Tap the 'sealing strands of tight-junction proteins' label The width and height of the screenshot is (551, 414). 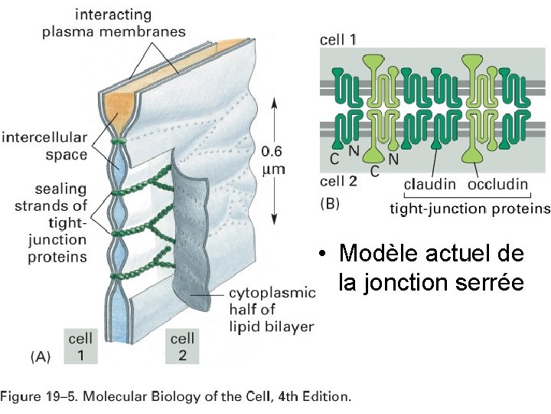[x=51, y=222]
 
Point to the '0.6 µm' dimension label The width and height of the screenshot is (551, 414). [x=273, y=159]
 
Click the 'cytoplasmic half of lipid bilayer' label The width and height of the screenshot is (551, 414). [x=272, y=309]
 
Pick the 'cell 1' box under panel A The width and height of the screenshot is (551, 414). [x=81, y=346]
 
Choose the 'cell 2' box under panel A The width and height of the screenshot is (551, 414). [x=182, y=346]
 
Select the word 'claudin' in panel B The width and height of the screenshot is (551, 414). [x=430, y=184]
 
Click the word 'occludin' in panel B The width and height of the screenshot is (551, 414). [x=498, y=184]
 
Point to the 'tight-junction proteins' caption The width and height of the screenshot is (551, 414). [x=470, y=208]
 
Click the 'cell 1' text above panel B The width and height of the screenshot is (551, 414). [x=337, y=39]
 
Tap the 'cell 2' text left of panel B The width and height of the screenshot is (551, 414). [x=337, y=182]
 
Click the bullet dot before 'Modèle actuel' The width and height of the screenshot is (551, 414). [x=324, y=254]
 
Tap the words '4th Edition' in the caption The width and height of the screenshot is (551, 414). [x=315, y=397]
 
